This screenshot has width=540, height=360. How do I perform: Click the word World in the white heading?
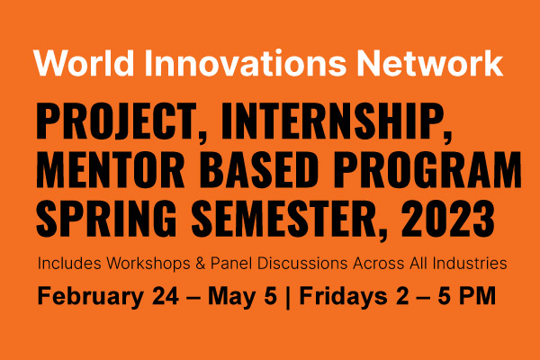84,63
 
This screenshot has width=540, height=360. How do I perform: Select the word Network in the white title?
430,63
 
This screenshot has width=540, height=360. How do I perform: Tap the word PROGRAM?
427,169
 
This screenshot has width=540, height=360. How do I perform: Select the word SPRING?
106,218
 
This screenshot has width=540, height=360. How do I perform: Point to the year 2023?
447,218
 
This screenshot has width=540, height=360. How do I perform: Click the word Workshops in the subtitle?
148,264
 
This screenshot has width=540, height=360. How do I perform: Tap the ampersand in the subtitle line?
201,264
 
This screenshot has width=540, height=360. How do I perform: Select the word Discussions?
302,264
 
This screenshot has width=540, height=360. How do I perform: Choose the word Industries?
470,264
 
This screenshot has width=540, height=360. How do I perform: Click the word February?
91,297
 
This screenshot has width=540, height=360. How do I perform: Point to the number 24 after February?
166,296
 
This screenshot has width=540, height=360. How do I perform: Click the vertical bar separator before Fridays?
288,298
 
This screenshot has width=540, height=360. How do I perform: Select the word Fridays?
344,297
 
